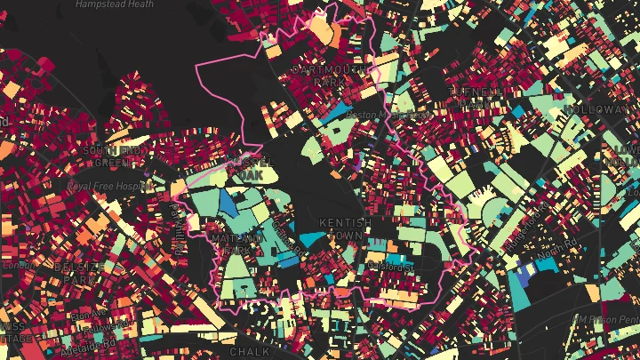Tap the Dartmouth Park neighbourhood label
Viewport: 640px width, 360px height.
pyautogui.click(x=317, y=74)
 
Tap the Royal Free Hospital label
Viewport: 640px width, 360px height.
pyautogui.click(x=108, y=186)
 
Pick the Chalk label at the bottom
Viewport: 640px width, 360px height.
pyautogui.click(x=250, y=352)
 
